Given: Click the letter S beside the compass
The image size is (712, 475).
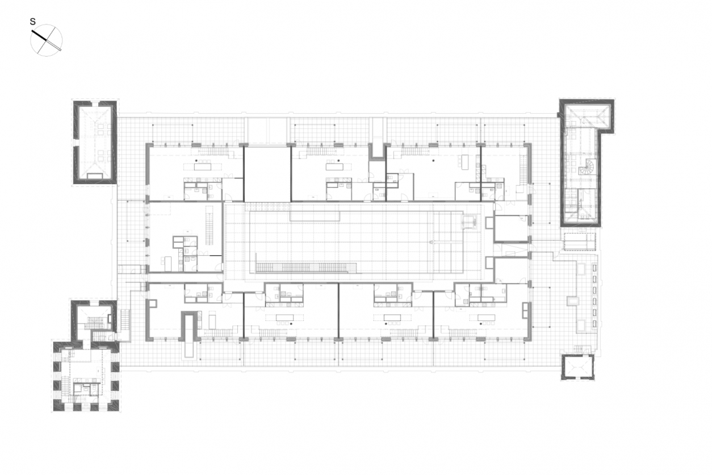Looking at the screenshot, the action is (x=33, y=22).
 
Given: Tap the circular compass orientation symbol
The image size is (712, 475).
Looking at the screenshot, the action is (x=47, y=40).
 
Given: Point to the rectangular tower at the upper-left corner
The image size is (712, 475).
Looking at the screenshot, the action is (x=95, y=142).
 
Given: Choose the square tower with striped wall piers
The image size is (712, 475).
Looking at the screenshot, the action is (x=86, y=377).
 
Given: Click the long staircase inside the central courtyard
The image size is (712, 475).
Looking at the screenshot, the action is (x=306, y=267).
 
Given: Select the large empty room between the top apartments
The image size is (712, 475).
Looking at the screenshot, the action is (x=267, y=174).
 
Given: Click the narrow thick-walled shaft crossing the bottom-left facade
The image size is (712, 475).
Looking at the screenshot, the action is (x=190, y=335).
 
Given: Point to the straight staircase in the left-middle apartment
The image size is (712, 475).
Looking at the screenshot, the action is (x=209, y=225).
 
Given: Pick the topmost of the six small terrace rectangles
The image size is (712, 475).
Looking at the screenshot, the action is (x=594, y=268).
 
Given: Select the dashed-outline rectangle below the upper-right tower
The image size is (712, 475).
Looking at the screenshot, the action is (x=580, y=241).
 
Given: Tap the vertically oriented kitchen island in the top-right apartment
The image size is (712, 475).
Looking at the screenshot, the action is (x=465, y=162).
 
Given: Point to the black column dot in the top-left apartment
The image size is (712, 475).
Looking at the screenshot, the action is (x=197, y=161).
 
